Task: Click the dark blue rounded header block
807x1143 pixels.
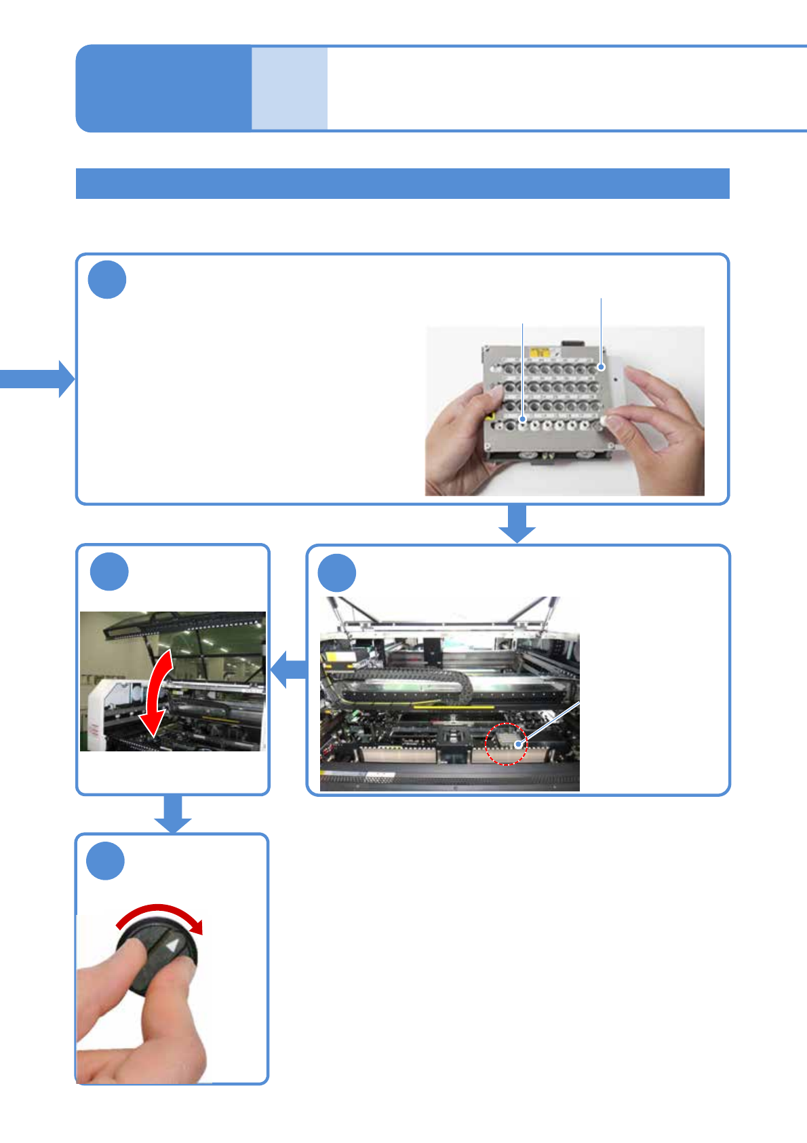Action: coord(163,88)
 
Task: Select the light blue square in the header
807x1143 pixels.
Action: coord(290,88)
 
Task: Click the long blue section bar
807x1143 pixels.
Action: coord(402,183)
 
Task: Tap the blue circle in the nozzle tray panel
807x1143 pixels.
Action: coord(107,280)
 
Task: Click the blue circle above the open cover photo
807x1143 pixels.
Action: coord(109,571)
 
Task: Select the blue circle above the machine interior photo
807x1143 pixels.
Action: coord(337,573)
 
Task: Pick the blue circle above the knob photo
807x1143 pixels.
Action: coord(106,861)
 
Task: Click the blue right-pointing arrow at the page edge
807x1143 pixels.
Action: coord(37,379)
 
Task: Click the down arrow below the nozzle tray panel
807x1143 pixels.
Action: coord(517,524)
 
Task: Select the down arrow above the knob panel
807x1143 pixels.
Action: coord(173,814)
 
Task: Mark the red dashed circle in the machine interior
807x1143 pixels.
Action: coord(506,744)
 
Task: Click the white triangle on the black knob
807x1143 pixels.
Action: coord(174,945)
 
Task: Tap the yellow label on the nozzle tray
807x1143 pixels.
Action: coord(540,353)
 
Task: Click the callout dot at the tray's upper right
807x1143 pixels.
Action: coord(601,367)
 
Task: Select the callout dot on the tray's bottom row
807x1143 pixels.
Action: coord(522,420)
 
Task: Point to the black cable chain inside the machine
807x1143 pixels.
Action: coord(407,679)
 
